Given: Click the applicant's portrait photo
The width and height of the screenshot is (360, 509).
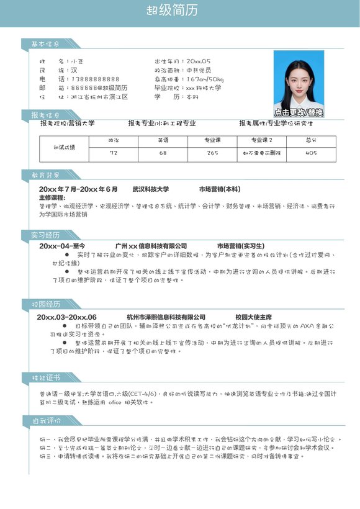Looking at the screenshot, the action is click(x=299, y=81).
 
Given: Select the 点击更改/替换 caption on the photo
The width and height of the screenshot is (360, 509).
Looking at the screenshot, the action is click(x=299, y=112).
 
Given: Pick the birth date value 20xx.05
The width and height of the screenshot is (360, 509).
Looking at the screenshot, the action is click(x=198, y=61).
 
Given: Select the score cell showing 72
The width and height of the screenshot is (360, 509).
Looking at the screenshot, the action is click(x=113, y=153).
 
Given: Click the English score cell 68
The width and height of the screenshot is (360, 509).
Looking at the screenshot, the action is click(x=163, y=153).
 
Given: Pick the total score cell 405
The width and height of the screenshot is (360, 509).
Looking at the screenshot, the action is click(x=312, y=153).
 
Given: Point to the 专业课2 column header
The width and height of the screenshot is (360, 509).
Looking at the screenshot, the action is click(x=262, y=141).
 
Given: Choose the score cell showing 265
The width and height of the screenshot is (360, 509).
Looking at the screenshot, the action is click(x=212, y=153).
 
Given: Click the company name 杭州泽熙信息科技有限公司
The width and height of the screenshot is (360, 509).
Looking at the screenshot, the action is click(x=166, y=317).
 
